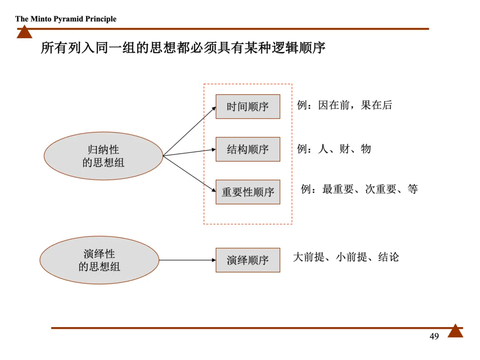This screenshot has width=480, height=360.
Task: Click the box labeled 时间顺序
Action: [248, 107]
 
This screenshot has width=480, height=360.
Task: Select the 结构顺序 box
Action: [248, 149]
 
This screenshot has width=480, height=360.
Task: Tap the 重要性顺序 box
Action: [248, 192]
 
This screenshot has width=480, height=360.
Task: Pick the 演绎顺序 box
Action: [248, 260]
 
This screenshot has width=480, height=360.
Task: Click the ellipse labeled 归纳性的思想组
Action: [103, 156]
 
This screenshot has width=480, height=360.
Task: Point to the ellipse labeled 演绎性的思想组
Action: [99, 260]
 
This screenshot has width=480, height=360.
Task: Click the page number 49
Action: [434, 336]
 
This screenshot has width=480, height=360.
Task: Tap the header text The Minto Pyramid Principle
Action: [66, 19]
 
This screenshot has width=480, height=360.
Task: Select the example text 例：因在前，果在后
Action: [344, 105]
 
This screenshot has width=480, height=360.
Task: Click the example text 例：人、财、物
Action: [334, 149]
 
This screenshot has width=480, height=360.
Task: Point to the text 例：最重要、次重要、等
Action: [359, 189]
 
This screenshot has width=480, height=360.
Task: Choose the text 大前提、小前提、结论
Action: [346, 257]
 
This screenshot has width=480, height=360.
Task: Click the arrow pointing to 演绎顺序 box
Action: [187, 260]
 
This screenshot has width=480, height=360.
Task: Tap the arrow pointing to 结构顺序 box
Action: [189, 152]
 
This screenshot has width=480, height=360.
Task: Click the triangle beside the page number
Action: [455, 331]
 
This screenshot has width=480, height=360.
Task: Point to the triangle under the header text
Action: [24, 32]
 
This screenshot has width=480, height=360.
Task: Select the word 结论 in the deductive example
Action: [388, 257]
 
